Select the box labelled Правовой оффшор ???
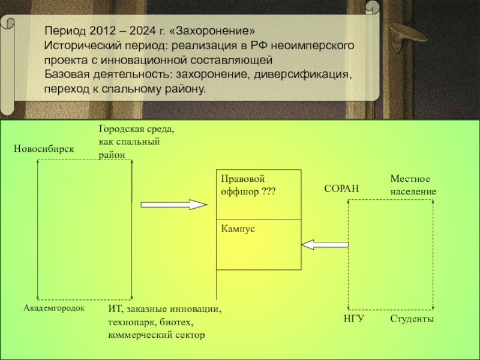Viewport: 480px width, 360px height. pyautogui.click(x=259, y=194)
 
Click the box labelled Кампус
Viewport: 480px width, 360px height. pyautogui.click(x=259, y=244)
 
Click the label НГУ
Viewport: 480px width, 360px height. pyautogui.click(x=354, y=318)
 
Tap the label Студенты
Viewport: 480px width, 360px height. pyautogui.click(x=412, y=318)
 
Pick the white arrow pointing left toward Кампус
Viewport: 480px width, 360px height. pyautogui.click(x=325, y=244)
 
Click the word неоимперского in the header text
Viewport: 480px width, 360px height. pyautogui.click(x=316, y=46)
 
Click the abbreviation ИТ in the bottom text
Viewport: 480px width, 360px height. pyautogui.click(x=114, y=310)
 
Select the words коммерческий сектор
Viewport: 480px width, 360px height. pyautogui.click(x=155, y=334)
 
